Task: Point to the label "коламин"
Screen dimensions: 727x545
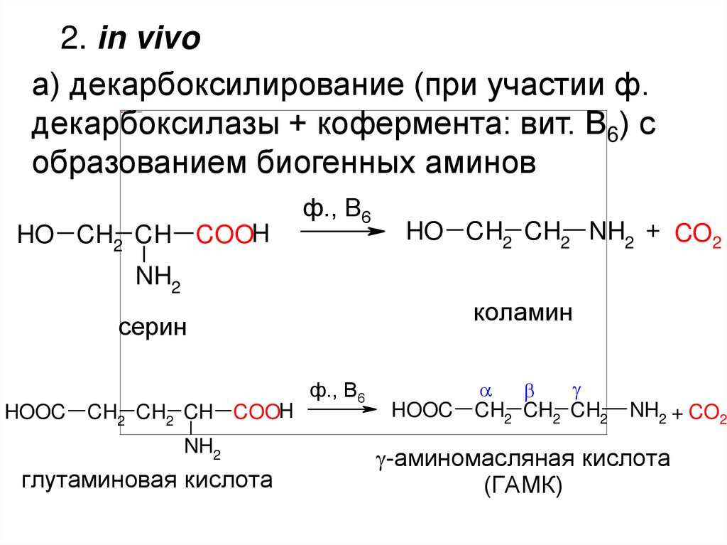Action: tap(523, 313)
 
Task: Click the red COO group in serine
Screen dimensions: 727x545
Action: tap(224, 235)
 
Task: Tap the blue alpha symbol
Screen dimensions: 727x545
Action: tap(486, 391)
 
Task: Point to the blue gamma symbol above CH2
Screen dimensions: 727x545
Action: tap(576, 391)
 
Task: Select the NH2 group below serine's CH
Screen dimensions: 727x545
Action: tap(158, 278)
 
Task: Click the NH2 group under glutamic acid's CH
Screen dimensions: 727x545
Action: tap(203, 448)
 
